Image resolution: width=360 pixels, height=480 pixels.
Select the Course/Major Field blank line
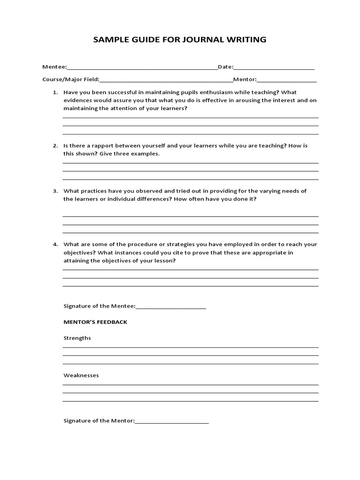point(166,80)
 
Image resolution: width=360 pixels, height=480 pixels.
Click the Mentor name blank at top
point(286,80)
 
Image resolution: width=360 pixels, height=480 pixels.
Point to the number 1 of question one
point(55,92)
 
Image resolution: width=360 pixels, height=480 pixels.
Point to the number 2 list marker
point(55,146)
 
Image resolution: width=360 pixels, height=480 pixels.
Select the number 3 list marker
point(55,191)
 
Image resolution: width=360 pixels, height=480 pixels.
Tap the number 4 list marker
point(55,245)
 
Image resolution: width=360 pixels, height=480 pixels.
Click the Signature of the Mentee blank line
point(171,307)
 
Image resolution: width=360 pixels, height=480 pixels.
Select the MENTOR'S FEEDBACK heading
point(95,322)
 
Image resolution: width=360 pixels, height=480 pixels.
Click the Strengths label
point(77,338)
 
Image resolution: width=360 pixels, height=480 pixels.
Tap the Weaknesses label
point(81,375)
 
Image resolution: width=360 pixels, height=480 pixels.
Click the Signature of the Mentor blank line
point(172,421)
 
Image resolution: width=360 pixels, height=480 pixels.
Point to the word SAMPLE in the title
point(109,40)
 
